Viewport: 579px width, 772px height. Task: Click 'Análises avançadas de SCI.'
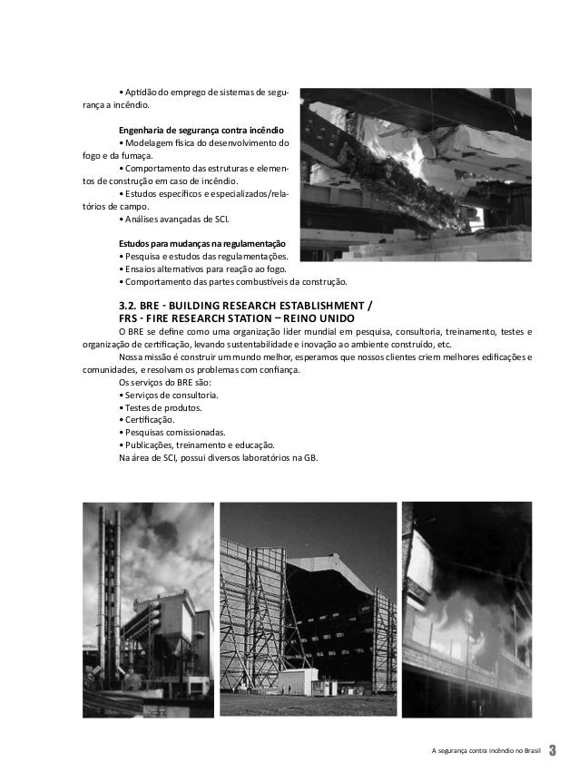point(174,219)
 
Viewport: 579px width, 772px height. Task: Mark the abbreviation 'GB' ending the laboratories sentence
point(309,458)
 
